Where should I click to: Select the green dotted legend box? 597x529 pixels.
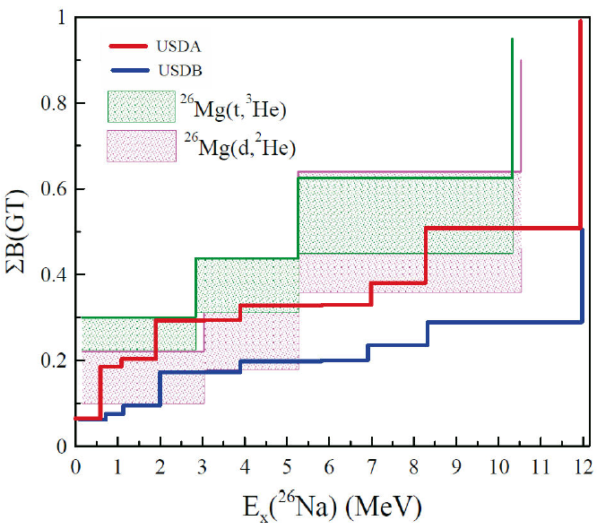point(141,106)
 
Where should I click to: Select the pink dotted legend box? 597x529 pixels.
point(141,145)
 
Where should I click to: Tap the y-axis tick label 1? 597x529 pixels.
point(60,18)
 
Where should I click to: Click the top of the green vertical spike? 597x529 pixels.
point(512,40)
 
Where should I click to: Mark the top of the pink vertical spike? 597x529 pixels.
point(521,61)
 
